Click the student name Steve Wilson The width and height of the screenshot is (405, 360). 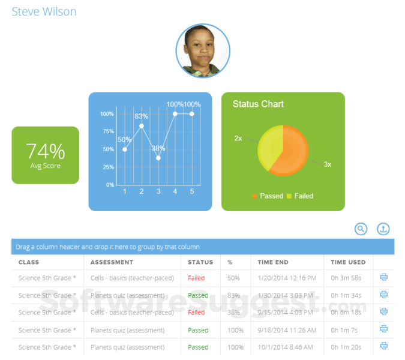pyautogui.click(x=44, y=11)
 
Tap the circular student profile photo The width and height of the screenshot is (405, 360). pyautogui.click(x=203, y=50)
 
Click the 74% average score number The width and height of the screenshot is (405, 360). pyautogui.click(x=46, y=151)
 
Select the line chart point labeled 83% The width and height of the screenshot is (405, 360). pyautogui.click(x=142, y=126)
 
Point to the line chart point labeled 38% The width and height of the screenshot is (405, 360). pyautogui.click(x=158, y=158)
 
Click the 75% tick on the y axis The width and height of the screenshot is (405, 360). pyautogui.click(x=109, y=131)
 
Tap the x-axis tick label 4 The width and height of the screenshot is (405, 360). pyautogui.click(x=175, y=191)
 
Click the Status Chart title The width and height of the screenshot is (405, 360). pyautogui.click(x=258, y=104)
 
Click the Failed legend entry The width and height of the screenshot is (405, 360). pyautogui.click(x=300, y=196)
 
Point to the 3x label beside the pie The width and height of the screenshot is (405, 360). pyautogui.click(x=328, y=164)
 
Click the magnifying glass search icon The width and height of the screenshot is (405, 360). pyautogui.click(x=361, y=229)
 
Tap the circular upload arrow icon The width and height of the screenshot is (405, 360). pyautogui.click(x=383, y=229)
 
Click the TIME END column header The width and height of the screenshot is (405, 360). pyautogui.click(x=273, y=262)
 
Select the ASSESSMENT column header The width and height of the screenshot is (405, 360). pyautogui.click(x=112, y=262)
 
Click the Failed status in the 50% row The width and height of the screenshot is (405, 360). pyautogui.click(x=196, y=278)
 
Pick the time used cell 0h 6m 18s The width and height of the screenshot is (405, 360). pyautogui.click(x=346, y=313)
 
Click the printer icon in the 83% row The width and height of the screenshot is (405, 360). pyautogui.click(x=384, y=295)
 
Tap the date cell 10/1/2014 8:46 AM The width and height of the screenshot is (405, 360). pyautogui.click(x=285, y=347)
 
